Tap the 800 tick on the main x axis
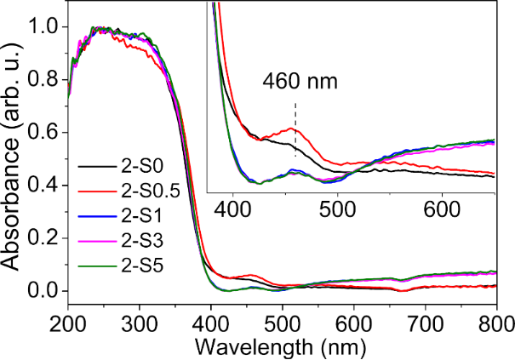click(x=495, y=323)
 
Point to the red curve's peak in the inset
click(x=294, y=129)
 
